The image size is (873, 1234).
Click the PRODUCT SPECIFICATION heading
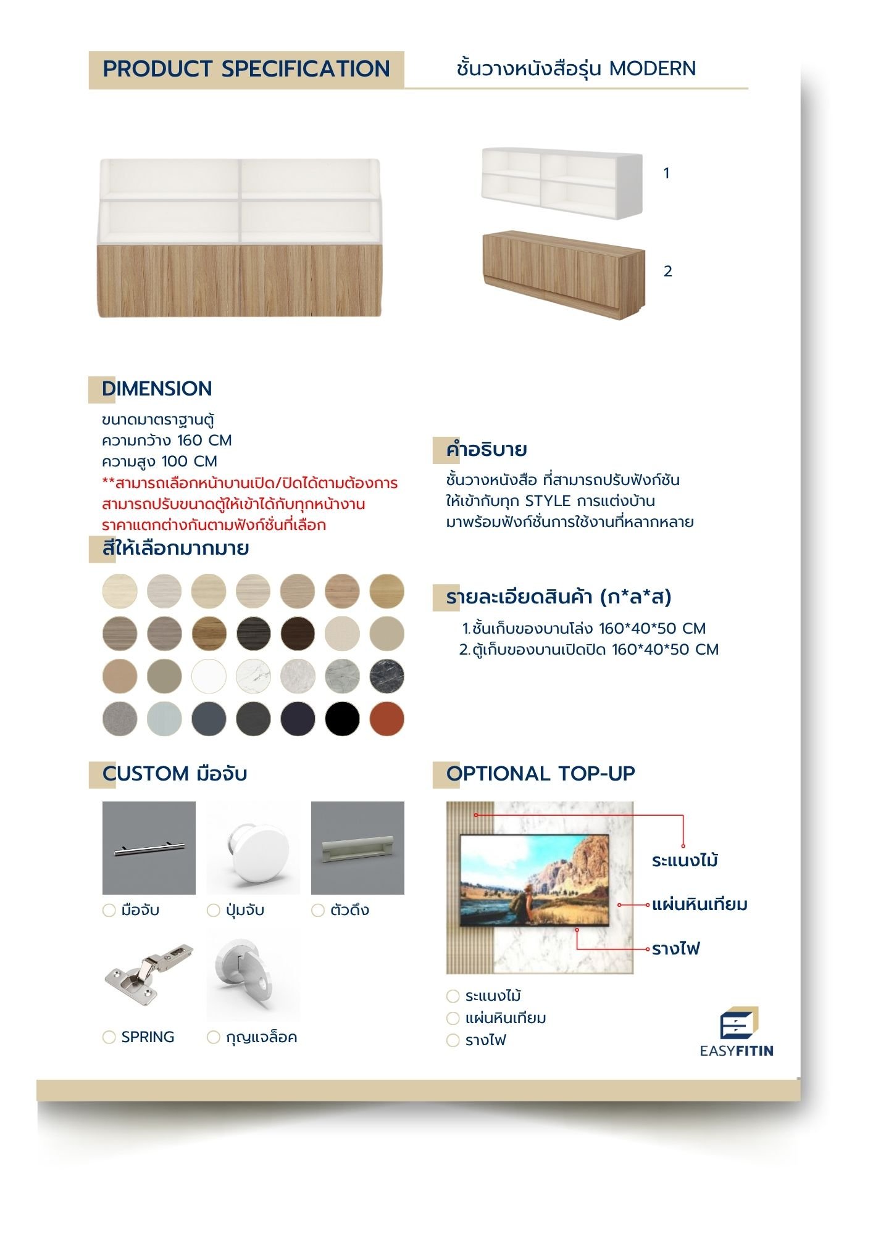[x=246, y=69]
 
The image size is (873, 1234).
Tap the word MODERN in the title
[x=652, y=68]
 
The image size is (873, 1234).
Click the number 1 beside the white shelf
[x=666, y=173]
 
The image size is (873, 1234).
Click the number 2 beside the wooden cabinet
[x=667, y=271]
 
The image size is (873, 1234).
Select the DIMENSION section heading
[x=157, y=389]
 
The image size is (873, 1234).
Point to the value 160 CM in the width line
[x=204, y=441]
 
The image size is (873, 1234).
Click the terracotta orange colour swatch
[x=386, y=719]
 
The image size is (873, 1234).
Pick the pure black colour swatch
[x=342, y=719]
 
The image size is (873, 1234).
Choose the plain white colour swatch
[x=209, y=676]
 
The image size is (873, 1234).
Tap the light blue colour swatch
[x=164, y=719]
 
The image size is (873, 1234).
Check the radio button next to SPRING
[x=109, y=1037]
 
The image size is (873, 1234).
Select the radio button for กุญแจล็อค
[x=214, y=1037]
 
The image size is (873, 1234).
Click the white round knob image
[x=253, y=848]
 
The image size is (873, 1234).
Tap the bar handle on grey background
[x=149, y=848]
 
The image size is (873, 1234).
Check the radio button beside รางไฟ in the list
[x=453, y=1041]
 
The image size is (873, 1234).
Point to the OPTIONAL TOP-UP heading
[x=540, y=774]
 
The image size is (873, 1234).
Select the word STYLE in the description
[x=547, y=501]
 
